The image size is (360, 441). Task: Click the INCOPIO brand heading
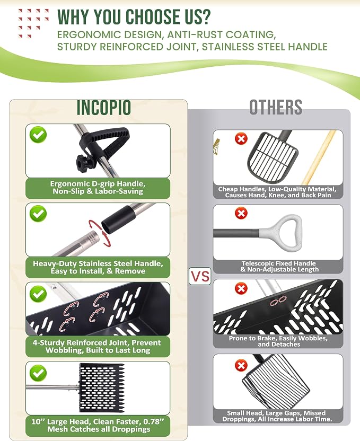pos(104,107)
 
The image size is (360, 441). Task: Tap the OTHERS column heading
pos(276,107)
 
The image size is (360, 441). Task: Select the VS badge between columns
pos(200,276)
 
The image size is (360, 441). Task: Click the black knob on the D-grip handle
pos(83,162)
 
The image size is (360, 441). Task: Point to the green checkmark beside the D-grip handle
pos(38,135)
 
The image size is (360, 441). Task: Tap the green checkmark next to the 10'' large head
pos(38,373)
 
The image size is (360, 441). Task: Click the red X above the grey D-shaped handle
pos(241,213)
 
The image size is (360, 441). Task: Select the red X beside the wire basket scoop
pos(241,366)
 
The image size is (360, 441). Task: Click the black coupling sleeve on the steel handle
pos(118,218)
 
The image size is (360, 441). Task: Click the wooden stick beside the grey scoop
pos(319,157)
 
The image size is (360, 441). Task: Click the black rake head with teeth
pos(102,387)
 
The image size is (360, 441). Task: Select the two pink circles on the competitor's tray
pos(278,301)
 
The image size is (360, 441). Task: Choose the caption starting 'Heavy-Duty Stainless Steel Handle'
pos(98,267)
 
